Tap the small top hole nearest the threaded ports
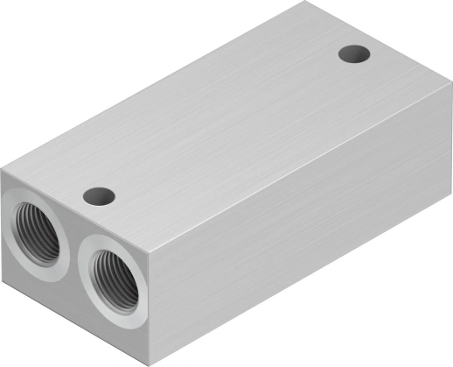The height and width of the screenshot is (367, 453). coord(99,194)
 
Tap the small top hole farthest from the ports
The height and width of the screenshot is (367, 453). coord(354,53)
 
